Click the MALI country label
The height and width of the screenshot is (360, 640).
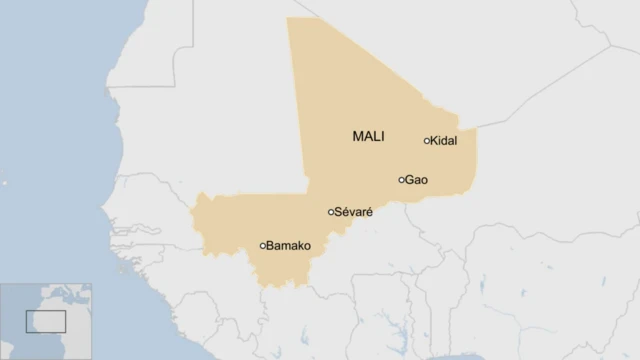(x=369, y=136)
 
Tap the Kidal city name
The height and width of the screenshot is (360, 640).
(x=443, y=141)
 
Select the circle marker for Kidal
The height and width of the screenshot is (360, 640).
(x=427, y=141)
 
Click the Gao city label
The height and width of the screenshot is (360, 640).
(x=416, y=180)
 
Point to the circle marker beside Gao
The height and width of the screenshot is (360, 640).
(x=402, y=180)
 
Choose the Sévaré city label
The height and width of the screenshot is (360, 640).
(x=353, y=212)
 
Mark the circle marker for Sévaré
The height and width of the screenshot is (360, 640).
(x=331, y=212)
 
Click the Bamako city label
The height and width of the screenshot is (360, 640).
(x=289, y=245)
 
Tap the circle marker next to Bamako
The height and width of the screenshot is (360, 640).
(x=263, y=245)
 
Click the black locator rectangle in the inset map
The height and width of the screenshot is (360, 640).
(x=45, y=321)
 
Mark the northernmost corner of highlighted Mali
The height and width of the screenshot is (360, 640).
(x=288, y=18)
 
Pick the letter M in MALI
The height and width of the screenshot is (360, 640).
(x=358, y=136)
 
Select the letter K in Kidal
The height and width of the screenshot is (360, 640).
(x=434, y=141)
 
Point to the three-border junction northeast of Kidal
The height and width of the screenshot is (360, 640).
(x=476, y=128)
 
